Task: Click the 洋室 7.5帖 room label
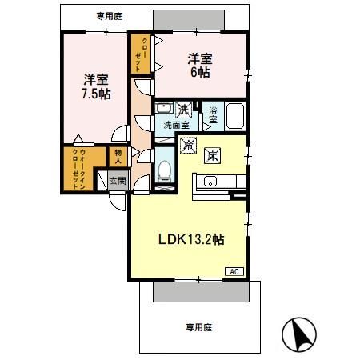(x=95, y=86)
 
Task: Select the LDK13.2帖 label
(x=189, y=239)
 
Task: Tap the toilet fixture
(x=164, y=170)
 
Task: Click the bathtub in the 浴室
(x=235, y=117)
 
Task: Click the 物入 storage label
(x=118, y=156)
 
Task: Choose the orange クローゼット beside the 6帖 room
(x=141, y=54)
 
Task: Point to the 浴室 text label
(x=214, y=114)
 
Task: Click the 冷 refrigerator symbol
(x=189, y=146)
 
